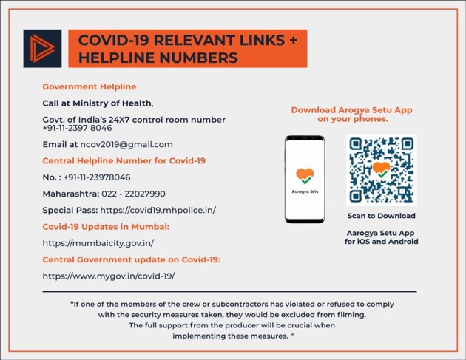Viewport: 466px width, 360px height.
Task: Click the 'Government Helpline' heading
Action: coord(89,86)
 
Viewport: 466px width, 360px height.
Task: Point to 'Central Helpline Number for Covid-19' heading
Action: coord(124,160)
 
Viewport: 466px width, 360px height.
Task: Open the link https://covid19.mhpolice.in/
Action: coord(158,210)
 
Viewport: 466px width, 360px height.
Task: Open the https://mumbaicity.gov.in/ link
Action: coord(98,242)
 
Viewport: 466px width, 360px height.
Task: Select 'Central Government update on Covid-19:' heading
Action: coord(132,259)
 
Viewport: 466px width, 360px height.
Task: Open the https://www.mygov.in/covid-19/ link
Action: coord(109,276)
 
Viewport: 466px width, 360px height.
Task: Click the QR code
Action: coord(381,170)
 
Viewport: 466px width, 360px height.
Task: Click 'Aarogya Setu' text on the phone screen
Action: coord(305,191)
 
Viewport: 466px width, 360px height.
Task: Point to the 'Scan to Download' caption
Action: coord(381,216)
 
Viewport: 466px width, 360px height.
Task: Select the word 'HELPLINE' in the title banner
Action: coord(119,57)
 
